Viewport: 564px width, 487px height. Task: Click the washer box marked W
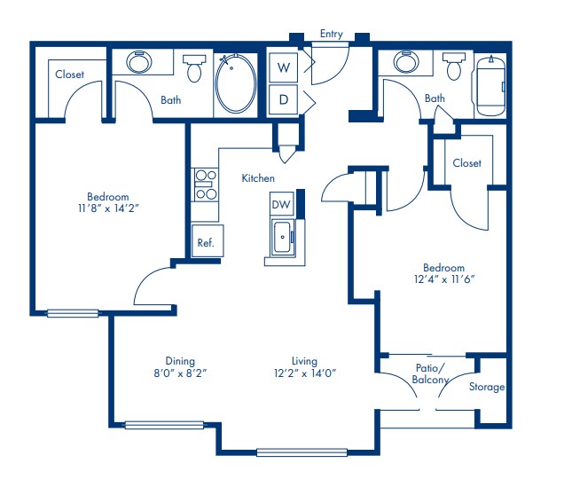pos(285,67)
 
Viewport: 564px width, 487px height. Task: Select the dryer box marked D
pos(285,99)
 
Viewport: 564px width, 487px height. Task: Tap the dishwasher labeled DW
pos(280,205)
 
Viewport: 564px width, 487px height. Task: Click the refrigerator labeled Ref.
pos(206,241)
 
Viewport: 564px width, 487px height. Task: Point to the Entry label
pos(331,34)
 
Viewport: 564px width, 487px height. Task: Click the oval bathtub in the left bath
pos(236,84)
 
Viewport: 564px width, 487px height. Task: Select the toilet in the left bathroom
pos(193,67)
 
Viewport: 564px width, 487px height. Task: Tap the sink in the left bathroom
pos(138,62)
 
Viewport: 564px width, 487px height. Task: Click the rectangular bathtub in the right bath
pos(489,86)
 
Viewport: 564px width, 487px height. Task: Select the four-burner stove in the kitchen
pos(206,185)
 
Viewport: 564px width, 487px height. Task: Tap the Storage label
pos(487,387)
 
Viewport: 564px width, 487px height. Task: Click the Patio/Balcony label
pos(430,373)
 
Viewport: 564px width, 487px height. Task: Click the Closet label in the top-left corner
pos(69,75)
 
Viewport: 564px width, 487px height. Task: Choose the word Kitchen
pos(258,178)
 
